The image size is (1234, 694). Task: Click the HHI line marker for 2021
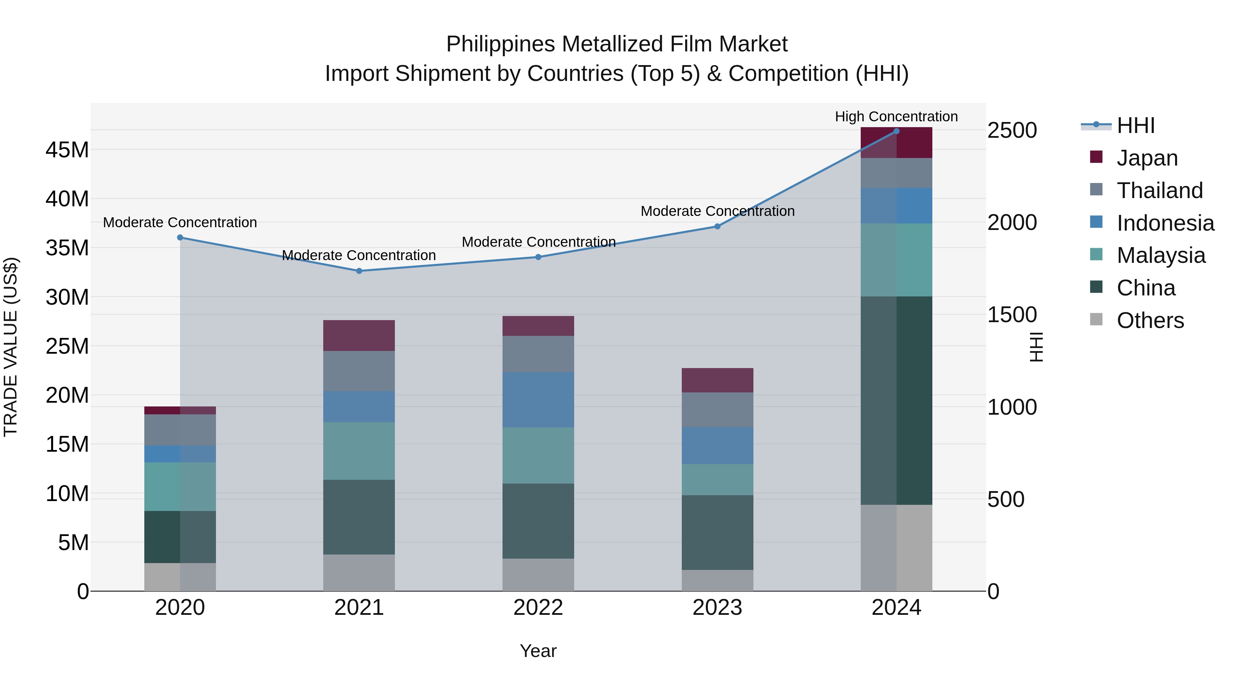(x=359, y=271)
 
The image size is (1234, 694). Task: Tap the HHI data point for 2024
(x=896, y=131)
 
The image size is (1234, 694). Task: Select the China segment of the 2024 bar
(x=896, y=400)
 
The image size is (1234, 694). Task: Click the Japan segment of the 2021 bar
(x=359, y=335)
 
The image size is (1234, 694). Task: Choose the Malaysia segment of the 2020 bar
(x=180, y=487)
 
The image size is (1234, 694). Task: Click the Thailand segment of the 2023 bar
(x=717, y=410)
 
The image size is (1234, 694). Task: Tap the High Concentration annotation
(x=896, y=117)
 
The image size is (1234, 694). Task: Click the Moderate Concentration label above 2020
(x=180, y=222)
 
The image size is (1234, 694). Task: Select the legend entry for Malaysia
(x=1160, y=255)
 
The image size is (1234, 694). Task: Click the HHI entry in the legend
(x=1135, y=125)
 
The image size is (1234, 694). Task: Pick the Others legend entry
(x=1150, y=320)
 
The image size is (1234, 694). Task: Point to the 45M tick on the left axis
(x=67, y=150)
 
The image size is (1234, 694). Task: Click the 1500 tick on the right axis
(x=1012, y=315)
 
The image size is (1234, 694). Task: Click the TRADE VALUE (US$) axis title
(x=11, y=347)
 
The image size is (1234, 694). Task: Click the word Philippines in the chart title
(x=500, y=44)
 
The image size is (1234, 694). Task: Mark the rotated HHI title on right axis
(x=1036, y=347)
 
